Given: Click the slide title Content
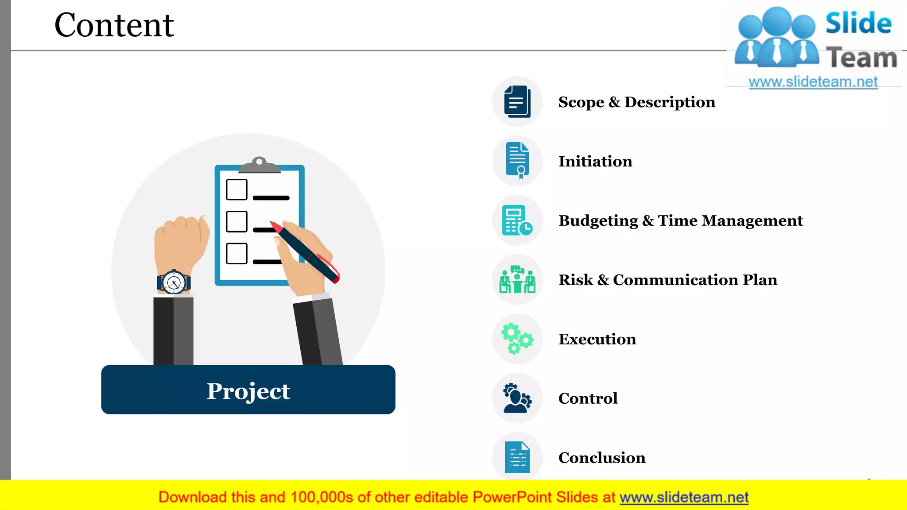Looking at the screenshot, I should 114,25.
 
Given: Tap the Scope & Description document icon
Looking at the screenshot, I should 517,102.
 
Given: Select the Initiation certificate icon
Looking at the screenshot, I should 517,161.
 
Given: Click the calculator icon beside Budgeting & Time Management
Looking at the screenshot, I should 517,220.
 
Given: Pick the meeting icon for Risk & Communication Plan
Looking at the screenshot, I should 517,279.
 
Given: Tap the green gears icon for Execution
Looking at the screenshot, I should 517,339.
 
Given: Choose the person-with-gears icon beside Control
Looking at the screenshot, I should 517,398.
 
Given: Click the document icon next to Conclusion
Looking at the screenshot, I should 517,457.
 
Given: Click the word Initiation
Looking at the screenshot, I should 595,161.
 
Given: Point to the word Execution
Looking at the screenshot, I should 597,339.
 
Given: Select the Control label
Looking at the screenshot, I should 588,398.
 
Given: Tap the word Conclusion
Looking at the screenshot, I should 602,458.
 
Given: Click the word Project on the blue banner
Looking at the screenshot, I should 248,391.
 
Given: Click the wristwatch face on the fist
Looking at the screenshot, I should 174,282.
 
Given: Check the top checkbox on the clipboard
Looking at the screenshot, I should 236,189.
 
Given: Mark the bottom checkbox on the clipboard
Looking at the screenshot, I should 236,254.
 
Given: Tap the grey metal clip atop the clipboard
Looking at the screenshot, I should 260,166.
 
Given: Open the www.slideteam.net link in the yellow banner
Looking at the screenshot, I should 684,497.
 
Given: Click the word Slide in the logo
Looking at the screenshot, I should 858,23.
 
